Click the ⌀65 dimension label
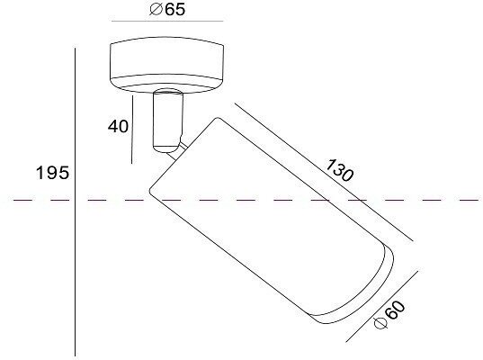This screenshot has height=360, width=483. tap(167, 9)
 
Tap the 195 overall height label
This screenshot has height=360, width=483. tap(53, 173)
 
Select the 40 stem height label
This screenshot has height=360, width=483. tap(118, 126)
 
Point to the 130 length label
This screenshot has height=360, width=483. tap(339, 170)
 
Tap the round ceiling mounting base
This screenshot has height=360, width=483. tap(167, 65)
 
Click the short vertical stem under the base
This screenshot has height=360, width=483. tap(168, 121)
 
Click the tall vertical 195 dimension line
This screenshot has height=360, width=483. tap(76, 202)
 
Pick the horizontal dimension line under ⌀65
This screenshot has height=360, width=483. tap(167, 22)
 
